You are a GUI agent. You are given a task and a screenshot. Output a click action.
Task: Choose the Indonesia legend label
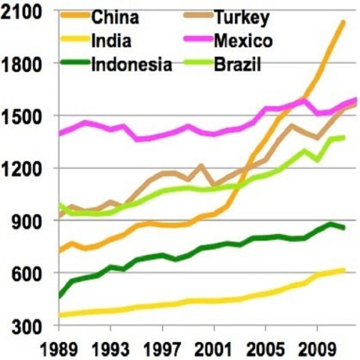pyautogui.click(x=131, y=64)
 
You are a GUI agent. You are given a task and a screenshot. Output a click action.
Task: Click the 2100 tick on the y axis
pyautogui.click(x=26, y=12)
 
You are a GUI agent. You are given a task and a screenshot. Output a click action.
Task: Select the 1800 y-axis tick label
pyautogui.click(x=26, y=64)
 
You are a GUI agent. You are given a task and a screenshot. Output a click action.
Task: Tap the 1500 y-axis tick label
pyautogui.click(x=26, y=117)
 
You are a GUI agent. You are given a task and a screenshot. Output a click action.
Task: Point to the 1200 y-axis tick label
pyautogui.click(x=26, y=168)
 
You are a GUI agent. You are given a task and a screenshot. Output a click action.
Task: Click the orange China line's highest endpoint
pyautogui.click(x=344, y=23)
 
